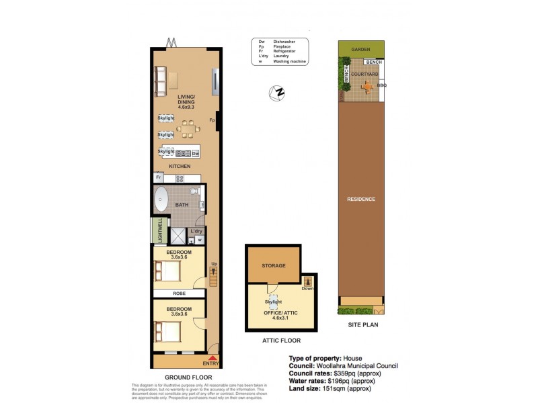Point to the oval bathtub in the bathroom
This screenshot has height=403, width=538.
tap(162, 199)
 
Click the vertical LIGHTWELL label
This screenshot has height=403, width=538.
tap(159, 230)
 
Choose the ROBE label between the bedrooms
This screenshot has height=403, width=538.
tap(180, 294)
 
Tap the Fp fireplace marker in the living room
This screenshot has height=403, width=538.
tap(212, 120)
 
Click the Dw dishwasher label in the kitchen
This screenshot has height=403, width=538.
tap(196, 154)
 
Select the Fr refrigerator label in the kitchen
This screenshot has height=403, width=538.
tap(159, 177)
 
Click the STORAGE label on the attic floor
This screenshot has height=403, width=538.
tap(274, 265)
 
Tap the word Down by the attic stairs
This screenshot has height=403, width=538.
tap(308, 289)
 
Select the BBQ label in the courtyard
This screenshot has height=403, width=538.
tap(382, 85)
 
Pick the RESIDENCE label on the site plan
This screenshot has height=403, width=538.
tap(360, 199)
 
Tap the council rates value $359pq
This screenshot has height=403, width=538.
tap(349, 372)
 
